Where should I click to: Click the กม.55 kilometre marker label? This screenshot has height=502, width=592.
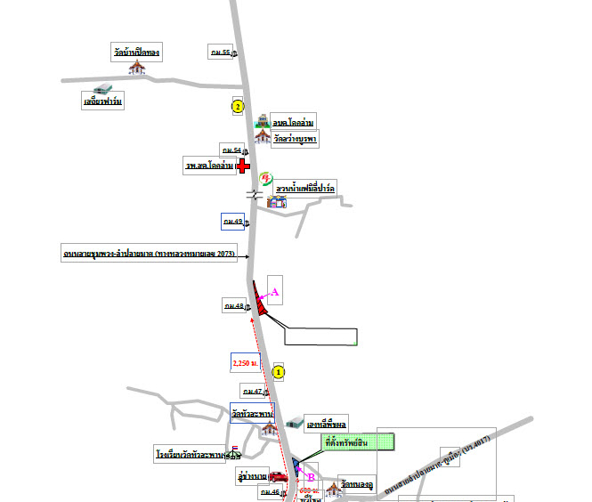click(220, 53)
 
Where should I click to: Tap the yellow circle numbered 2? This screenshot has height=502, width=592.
click(237, 107)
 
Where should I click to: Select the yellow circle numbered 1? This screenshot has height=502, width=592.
click(279, 371)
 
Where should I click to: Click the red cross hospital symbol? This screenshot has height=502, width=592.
click(242, 166)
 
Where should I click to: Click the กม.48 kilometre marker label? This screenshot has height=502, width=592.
click(234, 306)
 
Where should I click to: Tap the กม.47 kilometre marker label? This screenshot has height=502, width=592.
click(252, 391)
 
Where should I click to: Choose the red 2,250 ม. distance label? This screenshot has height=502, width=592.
click(245, 363)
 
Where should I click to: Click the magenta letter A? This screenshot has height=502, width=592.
click(275, 291)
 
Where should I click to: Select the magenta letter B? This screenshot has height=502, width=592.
click(311, 477)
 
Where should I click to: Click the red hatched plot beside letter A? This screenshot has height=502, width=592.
click(260, 301)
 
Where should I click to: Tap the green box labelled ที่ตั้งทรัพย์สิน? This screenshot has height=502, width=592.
click(353, 441)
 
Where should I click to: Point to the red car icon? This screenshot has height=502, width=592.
click(279, 476)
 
